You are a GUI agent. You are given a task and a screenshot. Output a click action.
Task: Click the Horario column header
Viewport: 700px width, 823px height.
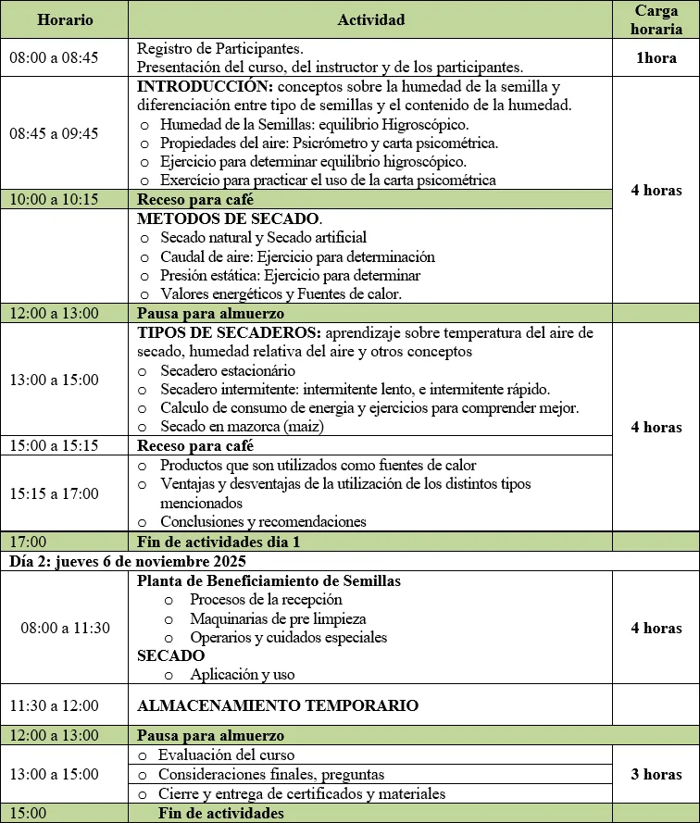[x=65, y=19]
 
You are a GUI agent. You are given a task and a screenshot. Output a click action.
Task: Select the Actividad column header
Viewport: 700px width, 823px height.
[x=370, y=19]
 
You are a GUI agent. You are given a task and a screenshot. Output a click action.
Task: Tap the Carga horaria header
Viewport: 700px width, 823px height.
[x=656, y=19]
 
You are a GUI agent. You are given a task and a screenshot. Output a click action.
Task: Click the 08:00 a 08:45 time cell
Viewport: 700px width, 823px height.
[x=53, y=57]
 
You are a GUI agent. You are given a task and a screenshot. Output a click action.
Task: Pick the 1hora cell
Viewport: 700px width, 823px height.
[x=656, y=57]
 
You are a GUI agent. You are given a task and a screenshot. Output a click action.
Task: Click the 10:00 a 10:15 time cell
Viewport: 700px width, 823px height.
[x=53, y=199]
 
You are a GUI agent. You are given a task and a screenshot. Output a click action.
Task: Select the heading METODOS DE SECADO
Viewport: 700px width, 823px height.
[x=229, y=219]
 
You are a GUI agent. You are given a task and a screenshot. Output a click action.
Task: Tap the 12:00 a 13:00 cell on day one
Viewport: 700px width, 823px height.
[x=53, y=313]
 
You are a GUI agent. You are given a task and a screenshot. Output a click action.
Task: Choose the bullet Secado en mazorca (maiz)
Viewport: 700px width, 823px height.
[x=242, y=427]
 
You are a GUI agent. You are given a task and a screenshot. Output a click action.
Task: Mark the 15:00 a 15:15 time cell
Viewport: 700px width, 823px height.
[x=53, y=445]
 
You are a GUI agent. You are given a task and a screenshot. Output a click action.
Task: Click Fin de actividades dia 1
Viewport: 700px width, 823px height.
[x=218, y=542]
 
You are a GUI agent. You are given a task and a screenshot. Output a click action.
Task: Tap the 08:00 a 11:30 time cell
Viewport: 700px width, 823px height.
[x=65, y=628]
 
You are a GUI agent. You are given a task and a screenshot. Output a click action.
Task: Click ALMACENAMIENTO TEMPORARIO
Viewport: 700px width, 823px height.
[x=278, y=705]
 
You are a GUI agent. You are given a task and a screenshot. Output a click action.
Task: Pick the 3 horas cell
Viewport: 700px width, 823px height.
[x=656, y=774]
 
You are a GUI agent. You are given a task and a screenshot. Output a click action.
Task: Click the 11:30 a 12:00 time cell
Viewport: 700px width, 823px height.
[x=53, y=705]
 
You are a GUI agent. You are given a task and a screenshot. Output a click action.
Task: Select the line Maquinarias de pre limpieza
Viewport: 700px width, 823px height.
[x=278, y=618]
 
